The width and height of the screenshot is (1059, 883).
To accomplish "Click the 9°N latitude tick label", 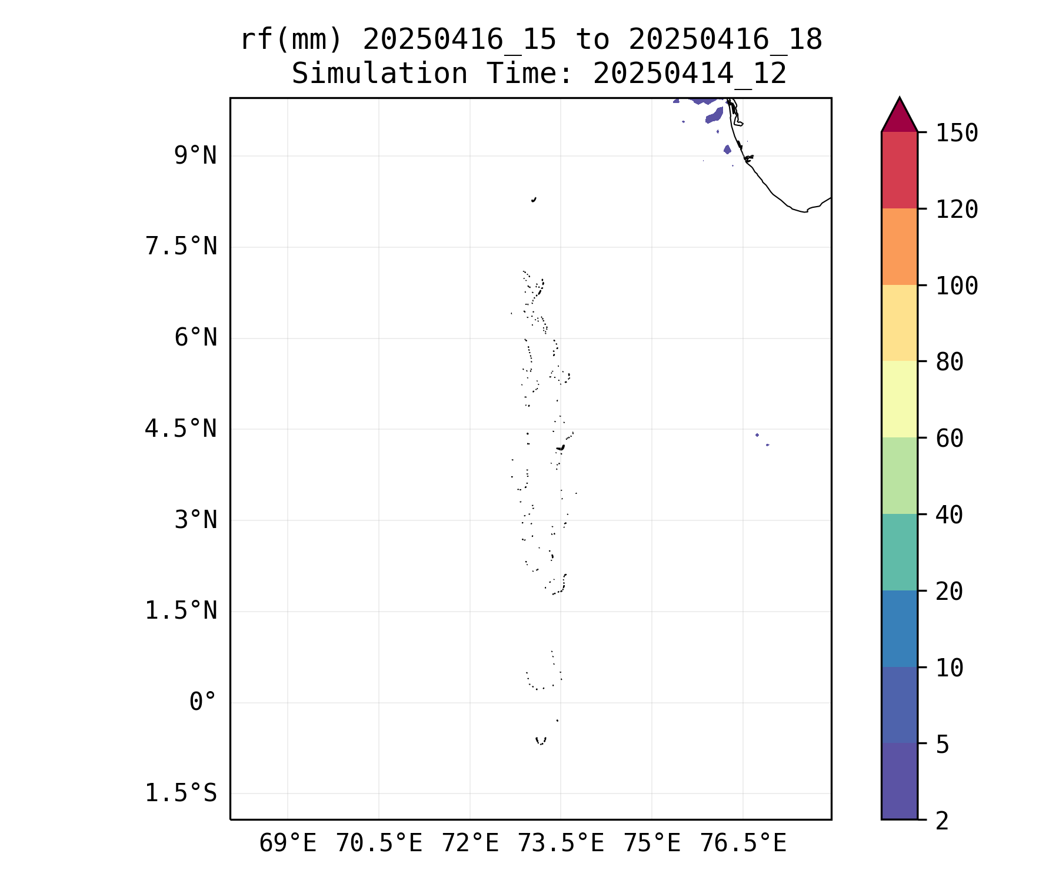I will click(195, 156).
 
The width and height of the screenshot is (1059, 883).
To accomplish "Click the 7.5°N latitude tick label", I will click(181, 247).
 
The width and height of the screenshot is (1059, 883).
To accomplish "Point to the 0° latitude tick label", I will click(203, 702).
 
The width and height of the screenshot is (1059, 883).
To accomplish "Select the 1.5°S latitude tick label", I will click(181, 793).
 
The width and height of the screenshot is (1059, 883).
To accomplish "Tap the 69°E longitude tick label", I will click(288, 844).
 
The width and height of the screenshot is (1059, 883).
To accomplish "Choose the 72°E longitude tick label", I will click(470, 844).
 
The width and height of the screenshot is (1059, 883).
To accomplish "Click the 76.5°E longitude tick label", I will click(743, 844).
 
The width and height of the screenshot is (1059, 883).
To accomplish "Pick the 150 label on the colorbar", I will click(957, 133).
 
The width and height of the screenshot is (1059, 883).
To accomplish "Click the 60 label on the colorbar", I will click(950, 439).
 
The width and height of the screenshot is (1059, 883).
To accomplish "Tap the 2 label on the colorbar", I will click(943, 821).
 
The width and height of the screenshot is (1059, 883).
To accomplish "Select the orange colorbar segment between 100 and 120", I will click(899, 247).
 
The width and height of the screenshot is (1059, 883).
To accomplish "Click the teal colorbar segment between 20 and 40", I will click(899, 552).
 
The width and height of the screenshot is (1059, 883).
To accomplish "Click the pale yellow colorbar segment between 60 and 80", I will click(899, 399).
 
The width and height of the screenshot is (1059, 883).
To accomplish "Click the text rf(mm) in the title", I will click(291, 40).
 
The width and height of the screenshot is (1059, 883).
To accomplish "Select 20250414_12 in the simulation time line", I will click(690, 74).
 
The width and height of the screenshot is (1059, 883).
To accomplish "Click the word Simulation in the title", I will click(379, 74).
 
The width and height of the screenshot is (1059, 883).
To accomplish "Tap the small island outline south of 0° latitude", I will click(541, 741).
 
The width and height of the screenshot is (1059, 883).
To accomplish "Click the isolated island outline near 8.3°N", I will click(534, 200).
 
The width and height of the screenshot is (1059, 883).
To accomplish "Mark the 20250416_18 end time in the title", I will click(725, 40).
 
